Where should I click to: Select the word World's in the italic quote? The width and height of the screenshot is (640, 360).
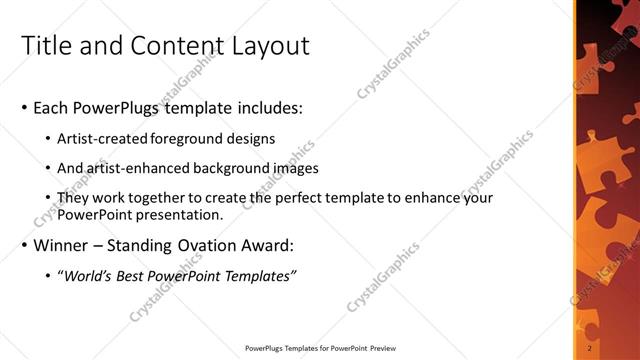[91, 276]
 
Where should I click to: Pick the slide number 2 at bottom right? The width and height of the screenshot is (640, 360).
[591, 349]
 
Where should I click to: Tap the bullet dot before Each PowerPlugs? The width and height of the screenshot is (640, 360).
[24, 108]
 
